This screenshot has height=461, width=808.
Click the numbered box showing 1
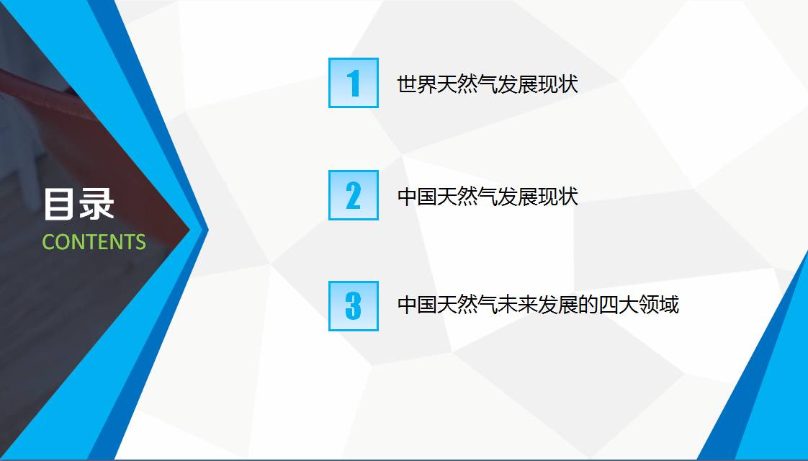coord(354,83)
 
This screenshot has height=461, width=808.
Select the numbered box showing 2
coord(354,195)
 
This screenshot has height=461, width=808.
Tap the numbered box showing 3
coord(354,306)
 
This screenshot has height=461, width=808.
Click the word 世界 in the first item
coord(417,84)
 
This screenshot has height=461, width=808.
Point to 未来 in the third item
coord(517,304)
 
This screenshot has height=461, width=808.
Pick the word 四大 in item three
coord(618,304)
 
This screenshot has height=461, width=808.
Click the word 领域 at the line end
coord(658,304)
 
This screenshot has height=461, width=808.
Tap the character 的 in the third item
coord(588,304)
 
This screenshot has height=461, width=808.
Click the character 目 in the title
coord(59,204)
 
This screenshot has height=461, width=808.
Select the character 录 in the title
coord(96,204)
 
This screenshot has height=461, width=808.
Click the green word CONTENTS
coord(94,242)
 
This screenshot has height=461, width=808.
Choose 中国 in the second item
coord(417,197)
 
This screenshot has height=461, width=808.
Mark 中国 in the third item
coord(417,304)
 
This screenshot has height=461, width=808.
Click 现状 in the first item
coord(558,84)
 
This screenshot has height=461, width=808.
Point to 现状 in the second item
coord(558,197)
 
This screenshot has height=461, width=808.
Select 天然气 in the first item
coord(467,84)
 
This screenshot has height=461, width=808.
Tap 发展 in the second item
coord(517,197)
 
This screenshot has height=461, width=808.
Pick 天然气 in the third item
coord(467,304)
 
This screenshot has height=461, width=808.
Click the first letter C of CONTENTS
coord(48,242)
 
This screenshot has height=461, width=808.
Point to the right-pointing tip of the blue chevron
coord(208,230)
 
